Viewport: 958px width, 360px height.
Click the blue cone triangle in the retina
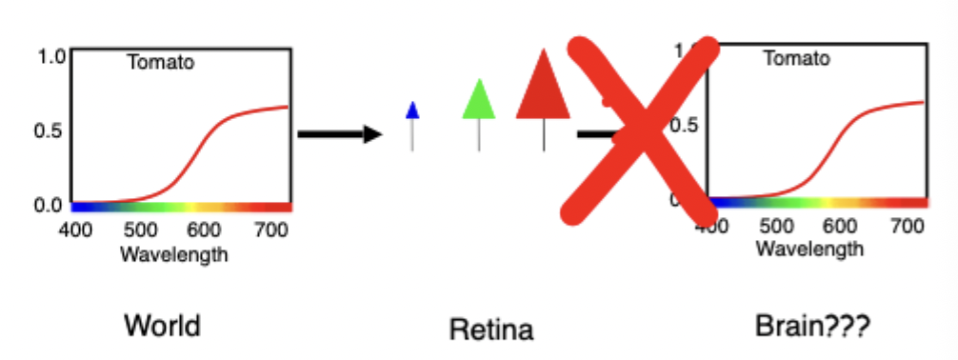tap(412, 110)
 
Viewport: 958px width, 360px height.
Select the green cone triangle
tap(479, 100)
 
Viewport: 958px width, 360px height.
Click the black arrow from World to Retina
tap(339, 134)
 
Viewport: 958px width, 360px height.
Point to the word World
tap(162, 327)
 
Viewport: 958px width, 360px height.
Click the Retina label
tap(491, 330)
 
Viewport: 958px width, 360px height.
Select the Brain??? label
tap(812, 327)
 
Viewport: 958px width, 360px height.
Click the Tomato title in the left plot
tap(161, 64)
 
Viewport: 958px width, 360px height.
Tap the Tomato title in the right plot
tap(797, 59)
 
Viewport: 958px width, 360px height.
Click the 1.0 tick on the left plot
tap(50, 55)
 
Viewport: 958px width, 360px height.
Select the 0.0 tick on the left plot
tap(50, 204)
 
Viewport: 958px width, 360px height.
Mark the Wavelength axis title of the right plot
tap(809, 249)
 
